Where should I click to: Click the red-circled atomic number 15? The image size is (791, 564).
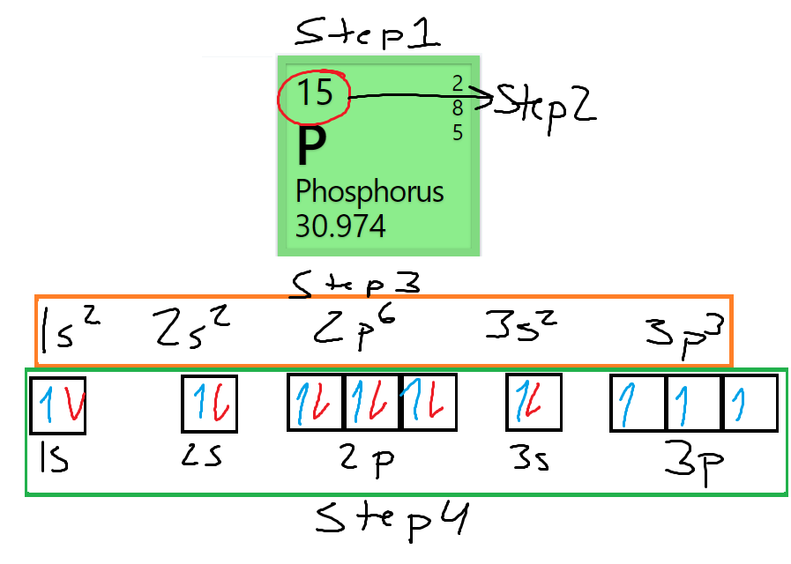pyautogui.click(x=315, y=93)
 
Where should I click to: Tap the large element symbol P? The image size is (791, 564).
pyautogui.click(x=311, y=146)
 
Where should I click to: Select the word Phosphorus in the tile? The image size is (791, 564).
pyautogui.click(x=369, y=191)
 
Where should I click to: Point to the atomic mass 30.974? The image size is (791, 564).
pyautogui.click(x=340, y=226)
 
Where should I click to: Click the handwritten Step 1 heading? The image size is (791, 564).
pyautogui.click(x=369, y=35)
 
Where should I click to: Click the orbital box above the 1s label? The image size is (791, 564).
pyautogui.click(x=58, y=405)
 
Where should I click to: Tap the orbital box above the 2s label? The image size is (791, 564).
pyautogui.click(x=210, y=404)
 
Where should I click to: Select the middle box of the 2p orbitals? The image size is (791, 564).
pyautogui.click(x=372, y=404)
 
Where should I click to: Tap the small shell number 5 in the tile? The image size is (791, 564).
pyautogui.click(x=458, y=133)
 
